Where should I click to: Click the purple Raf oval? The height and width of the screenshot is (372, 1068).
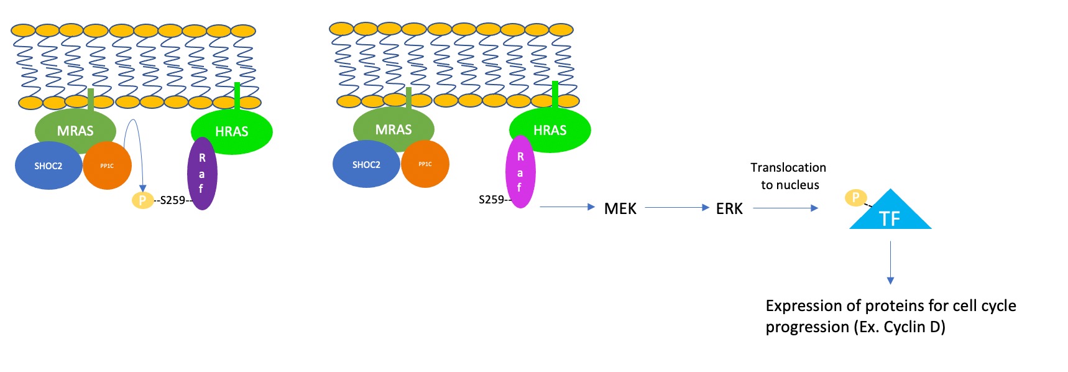(202, 174)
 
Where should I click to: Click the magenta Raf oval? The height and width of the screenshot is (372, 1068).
(520, 172)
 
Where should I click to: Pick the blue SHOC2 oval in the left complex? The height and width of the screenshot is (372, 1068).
(48, 166)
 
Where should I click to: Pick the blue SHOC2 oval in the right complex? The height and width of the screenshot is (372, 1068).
(366, 165)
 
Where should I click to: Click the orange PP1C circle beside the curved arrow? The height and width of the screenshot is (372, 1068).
(107, 166)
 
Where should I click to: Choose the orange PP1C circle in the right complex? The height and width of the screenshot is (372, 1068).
(425, 164)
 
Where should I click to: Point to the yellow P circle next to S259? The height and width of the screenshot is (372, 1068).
(142, 200)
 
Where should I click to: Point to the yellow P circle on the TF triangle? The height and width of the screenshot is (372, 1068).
(855, 198)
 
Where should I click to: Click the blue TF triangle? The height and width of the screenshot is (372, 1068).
(890, 215)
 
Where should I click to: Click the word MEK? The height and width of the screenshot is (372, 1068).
(620, 208)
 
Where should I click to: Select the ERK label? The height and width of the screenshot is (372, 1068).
(729, 208)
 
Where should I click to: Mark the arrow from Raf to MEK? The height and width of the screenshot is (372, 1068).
(567, 207)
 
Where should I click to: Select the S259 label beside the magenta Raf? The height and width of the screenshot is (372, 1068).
(491, 200)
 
